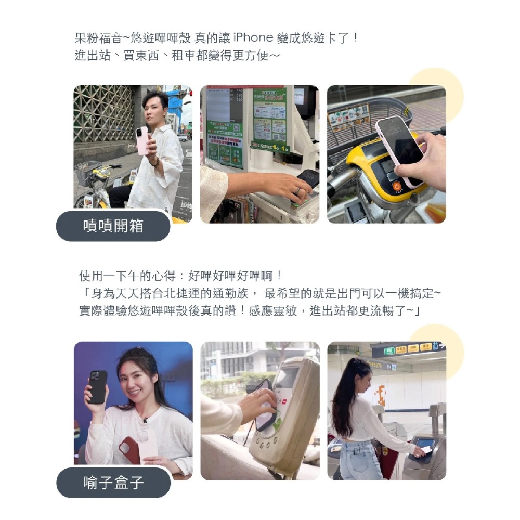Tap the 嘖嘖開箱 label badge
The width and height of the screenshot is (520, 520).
pyautogui.click(x=113, y=226)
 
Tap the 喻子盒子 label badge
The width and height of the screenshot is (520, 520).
pyautogui.click(x=113, y=483)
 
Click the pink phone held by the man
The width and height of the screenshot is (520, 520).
pyautogui.click(x=141, y=140)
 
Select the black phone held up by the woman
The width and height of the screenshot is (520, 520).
pyautogui.click(x=97, y=386)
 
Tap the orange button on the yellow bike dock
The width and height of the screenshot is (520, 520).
pyautogui.click(x=397, y=186)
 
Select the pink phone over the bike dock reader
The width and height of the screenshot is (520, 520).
pyautogui.click(x=400, y=148)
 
